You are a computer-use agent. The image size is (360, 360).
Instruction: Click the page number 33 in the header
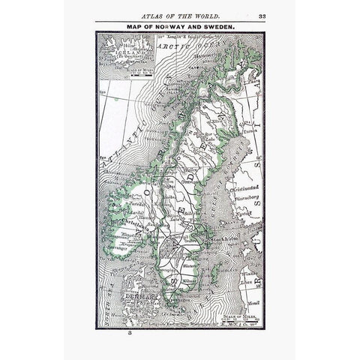pos(261,14)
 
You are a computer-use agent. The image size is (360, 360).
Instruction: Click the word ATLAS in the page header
pos(154,14)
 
